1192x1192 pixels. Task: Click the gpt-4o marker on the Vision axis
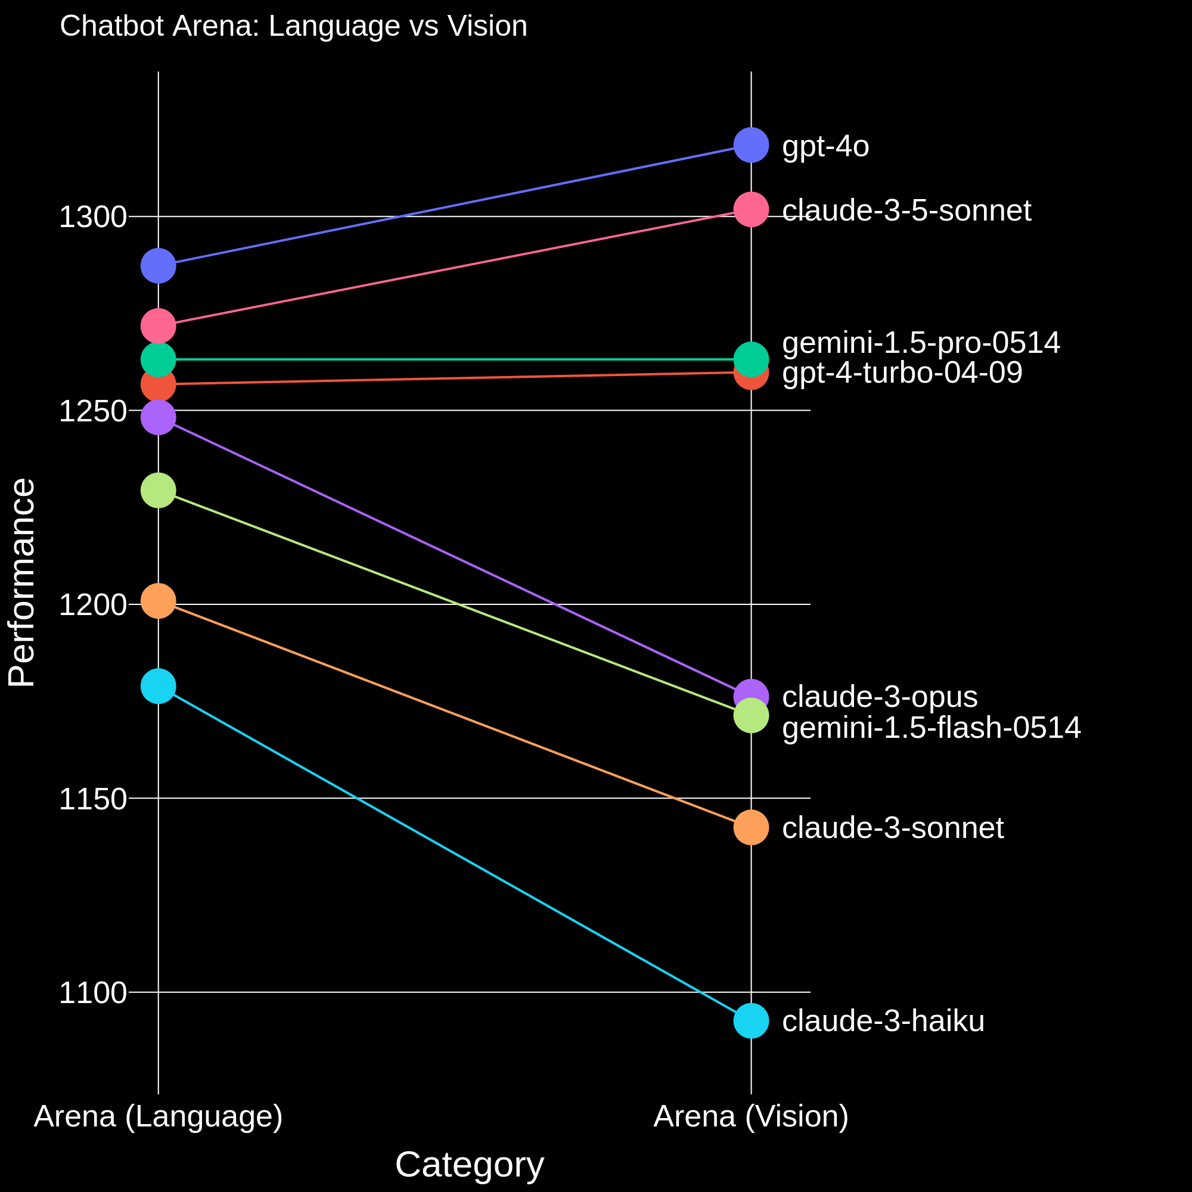751,145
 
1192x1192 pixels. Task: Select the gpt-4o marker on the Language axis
159,266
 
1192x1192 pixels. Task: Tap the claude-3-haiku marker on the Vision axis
751,1021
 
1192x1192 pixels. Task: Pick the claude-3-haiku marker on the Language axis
159,686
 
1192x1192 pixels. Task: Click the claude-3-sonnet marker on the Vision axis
751,827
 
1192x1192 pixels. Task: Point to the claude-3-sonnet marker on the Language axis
159,601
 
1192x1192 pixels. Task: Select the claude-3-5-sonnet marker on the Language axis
159,326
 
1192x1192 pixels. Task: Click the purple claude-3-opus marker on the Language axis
159,418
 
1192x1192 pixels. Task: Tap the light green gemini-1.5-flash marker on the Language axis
159,491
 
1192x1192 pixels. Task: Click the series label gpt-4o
825,146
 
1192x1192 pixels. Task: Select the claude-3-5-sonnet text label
907,210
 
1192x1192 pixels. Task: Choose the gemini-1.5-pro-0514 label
921,343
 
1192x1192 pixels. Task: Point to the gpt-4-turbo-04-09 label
902,372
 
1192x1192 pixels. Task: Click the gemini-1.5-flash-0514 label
931,728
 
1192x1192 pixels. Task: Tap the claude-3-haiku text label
883,1021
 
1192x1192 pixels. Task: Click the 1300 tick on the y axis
92,217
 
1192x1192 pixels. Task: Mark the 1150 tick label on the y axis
92,800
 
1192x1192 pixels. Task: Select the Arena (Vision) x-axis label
751,1116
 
